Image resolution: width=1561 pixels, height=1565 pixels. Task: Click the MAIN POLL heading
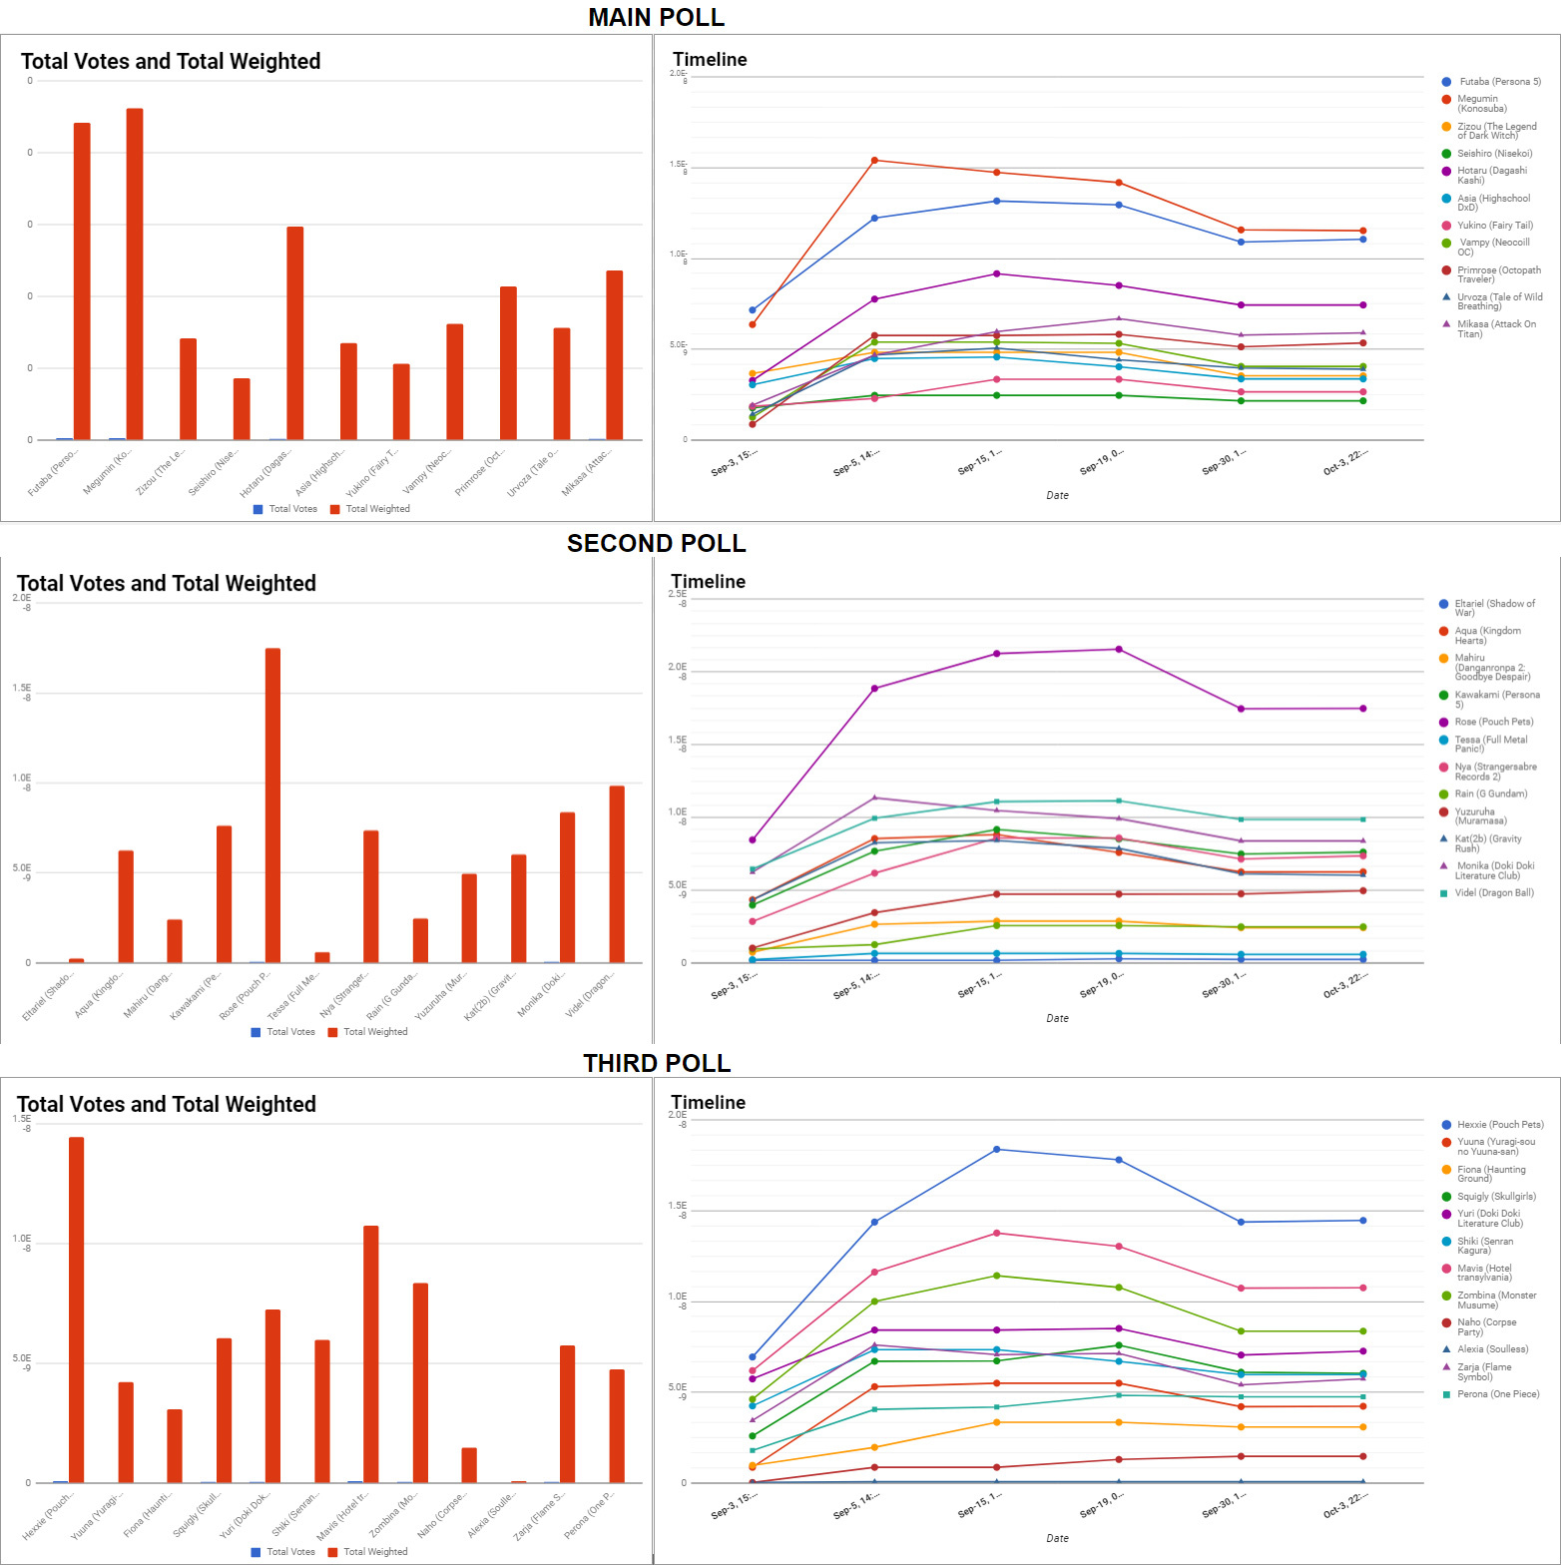pyautogui.click(x=656, y=17)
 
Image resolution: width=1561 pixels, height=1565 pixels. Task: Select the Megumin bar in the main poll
pyautogui.click(x=135, y=274)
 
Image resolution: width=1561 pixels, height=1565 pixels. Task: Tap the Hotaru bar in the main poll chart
pyautogui.click(x=294, y=333)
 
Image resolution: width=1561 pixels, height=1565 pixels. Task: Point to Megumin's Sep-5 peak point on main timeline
pyautogui.click(x=874, y=160)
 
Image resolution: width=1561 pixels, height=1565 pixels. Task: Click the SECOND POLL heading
pyautogui.click(x=656, y=543)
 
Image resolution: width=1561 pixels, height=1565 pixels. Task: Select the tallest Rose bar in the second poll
pyautogui.click(x=272, y=805)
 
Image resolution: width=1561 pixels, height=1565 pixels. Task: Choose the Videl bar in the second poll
pyautogui.click(x=617, y=874)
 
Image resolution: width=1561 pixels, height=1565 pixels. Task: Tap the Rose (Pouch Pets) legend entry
pyautogui.click(x=1493, y=722)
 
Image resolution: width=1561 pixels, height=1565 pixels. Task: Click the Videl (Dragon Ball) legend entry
pyautogui.click(x=1493, y=893)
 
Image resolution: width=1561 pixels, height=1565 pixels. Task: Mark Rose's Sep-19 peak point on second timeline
pyautogui.click(x=1119, y=650)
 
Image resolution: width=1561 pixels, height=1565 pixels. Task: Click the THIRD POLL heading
pyautogui.click(x=656, y=1063)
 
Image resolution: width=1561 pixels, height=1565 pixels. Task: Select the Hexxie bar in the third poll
pyautogui.click(x=76, y=1309)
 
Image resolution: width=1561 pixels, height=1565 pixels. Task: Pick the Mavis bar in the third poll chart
pyautogui.click(x=371, y=1354)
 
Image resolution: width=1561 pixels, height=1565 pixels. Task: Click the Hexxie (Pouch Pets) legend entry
pyautogui.click(x=1499, y=1125)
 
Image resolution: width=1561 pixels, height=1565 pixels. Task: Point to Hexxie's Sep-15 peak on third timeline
pyautogui.click(x=996, y=1150)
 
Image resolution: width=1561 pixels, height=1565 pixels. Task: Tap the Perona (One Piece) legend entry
pyautogui.click(x=1497, y=1394)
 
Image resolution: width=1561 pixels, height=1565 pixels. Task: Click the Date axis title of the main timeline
pyautogui.click(x=1057, y=495)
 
